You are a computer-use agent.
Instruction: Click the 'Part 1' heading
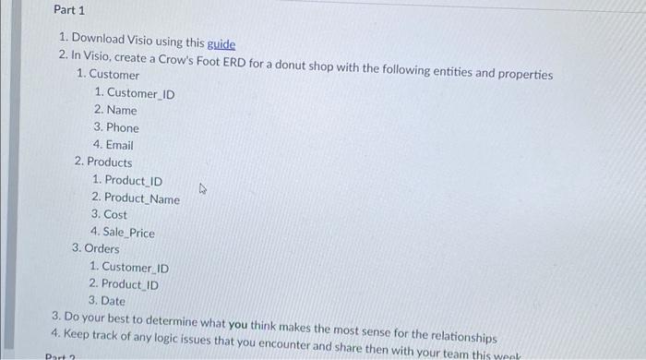[x=68, y=10]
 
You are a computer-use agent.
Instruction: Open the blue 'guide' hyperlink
[x=221, y=43]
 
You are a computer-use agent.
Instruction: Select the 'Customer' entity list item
[x=114, y=75]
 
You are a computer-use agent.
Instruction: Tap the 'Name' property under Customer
[x=121, y=110]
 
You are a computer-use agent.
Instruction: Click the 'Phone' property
[x=123, y=127]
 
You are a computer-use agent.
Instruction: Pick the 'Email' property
[x=120, y=145]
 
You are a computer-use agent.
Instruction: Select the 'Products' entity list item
[x=109, y=162]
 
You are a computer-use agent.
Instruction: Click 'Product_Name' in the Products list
[x=142, y=198]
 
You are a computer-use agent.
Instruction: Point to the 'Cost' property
[x=115, y=215]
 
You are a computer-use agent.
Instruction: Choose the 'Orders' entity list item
[x=102, y=249]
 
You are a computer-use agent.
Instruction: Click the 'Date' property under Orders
[x=113, y=301]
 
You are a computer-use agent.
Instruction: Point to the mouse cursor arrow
[x=203, y=189]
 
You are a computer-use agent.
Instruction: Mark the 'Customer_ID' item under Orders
[x=135, y=268]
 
